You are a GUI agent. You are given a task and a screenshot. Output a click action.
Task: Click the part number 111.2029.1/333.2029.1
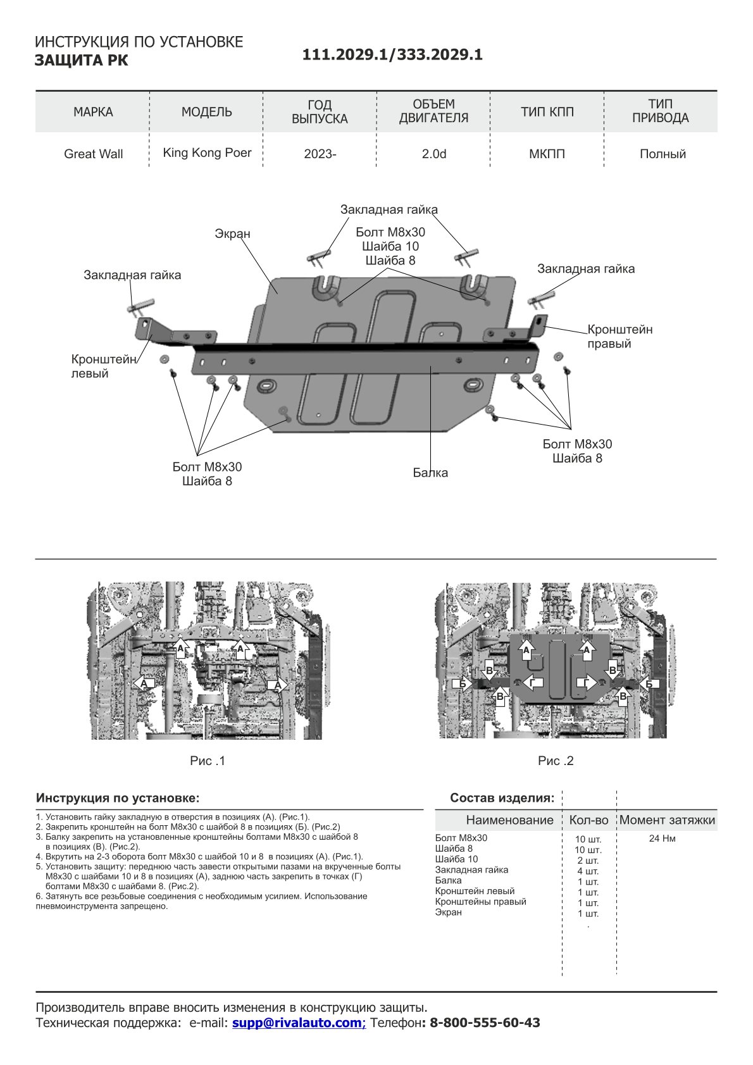pos(392,55)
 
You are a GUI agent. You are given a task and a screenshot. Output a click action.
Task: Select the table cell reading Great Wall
pos(93,154)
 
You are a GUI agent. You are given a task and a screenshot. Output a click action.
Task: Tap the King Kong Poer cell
pos(207,153)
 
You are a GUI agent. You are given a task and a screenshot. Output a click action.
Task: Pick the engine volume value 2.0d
pos(434,154)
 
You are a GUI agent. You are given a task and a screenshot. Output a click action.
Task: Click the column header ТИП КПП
pos(547,112)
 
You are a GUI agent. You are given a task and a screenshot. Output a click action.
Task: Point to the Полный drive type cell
pos(663,154)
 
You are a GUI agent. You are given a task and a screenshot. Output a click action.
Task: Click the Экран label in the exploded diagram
pos(232,234)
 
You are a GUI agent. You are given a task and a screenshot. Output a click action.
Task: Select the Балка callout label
pos(430,473)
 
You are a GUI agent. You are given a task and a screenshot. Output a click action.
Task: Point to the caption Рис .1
pos(208,761)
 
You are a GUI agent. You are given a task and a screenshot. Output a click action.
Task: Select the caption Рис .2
pos(556,761)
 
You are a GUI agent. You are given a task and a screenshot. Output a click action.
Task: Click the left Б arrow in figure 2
pos(463,684)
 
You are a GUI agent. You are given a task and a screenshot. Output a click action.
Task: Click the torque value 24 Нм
pos(662,838)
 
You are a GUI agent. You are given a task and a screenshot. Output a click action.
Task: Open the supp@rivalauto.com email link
pos(299,1023)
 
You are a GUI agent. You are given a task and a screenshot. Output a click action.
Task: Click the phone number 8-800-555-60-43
pos(485,1023)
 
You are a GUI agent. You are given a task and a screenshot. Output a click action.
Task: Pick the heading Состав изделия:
pos(502,798)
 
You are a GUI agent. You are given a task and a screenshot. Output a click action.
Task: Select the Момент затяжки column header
pos(667,820)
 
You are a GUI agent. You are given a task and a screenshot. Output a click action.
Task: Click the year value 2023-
pos(320,154)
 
